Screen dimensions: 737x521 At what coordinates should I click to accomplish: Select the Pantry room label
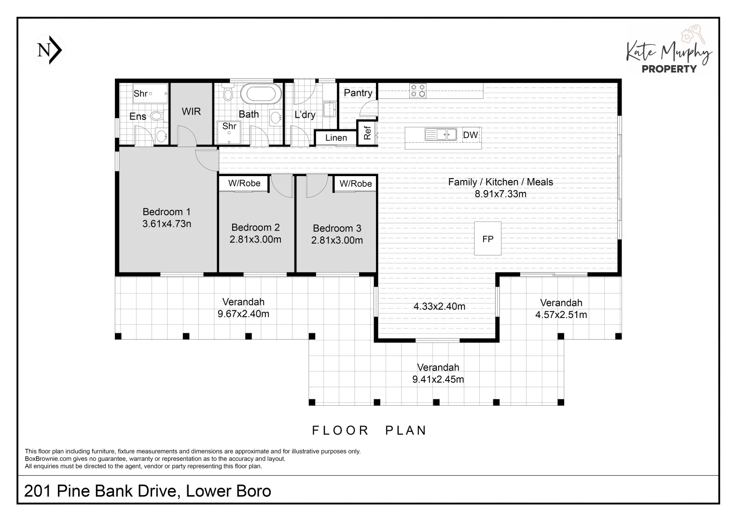pyautogui.click(x=358, y=93)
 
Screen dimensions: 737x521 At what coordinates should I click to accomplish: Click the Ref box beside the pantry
pyautogui.click(x=367, y=133)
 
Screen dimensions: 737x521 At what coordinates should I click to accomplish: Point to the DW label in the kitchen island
pyautogui.click(x=470, y=135)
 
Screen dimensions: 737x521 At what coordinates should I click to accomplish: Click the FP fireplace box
pyautogui.click(x=487, y=239)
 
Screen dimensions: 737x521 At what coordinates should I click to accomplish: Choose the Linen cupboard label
pyautogui.click(x=336, y=138)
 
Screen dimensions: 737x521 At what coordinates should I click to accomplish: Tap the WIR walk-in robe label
pyautogui.click(x=191, y=111)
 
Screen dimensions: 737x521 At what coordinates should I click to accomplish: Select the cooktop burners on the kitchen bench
pyautogui.click(x=417, y=91)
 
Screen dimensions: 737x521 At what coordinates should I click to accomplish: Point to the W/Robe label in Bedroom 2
pyautogui.click(x=244, y=183)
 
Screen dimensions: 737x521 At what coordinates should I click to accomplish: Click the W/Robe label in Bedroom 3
pyautogui.click(x=356, y=184)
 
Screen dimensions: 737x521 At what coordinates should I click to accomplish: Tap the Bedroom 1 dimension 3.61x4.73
pyautogui.click(x=167, y=224)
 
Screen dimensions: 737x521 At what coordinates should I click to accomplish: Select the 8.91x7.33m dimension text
pyautogui.click(x=501, y=194)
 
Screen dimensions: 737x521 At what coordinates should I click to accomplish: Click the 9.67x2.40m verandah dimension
pyautogui.click(x=243, y=314)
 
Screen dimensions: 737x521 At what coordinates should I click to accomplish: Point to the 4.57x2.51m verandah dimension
pyautogui.click(x=561, y=315)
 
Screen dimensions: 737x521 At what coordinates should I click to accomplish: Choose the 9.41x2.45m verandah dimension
pyautogui.click(x=438, y=380)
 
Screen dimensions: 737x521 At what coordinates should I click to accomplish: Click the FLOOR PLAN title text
pyautogui.click(x=369, y=430)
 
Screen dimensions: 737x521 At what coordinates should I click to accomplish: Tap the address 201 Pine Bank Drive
pyautogui.click(x=147, y=491)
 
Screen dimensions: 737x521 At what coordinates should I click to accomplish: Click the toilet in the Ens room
pyautogui.click(x=156, y=116)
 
